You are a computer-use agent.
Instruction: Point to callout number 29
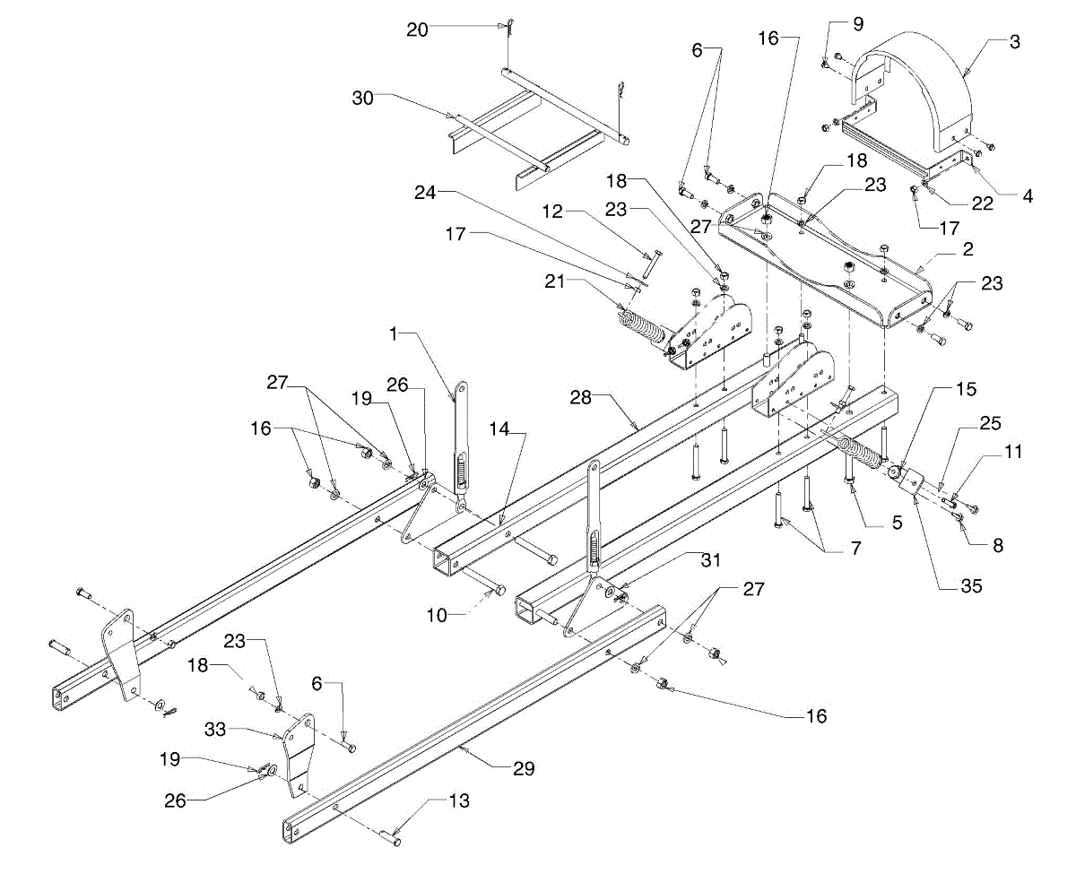(524, 768)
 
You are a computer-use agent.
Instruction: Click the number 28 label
(581, 397)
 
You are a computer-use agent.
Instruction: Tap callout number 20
(417, 30)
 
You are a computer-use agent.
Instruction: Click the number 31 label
(711, 559)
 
